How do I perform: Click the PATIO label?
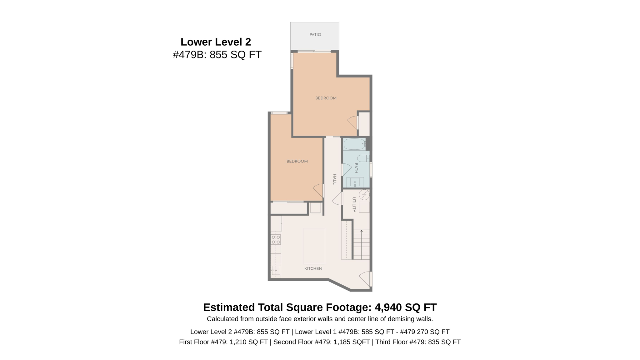pos(315,35)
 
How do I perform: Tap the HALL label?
pos(334,179)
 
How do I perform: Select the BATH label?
pos(356,168)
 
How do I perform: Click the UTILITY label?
pos(354,205)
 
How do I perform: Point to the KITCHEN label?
pos(313,268)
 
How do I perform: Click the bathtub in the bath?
pos(354,144)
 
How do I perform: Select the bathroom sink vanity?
pos(355,182)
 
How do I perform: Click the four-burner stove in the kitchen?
pos(276,240)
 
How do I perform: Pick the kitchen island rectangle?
pos(314,246)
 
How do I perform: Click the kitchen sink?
pos(276,270)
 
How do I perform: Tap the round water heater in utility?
pos(364,195)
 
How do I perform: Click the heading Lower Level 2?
pos(216,42)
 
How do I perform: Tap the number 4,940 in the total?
pos(388,307)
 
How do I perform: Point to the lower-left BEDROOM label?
pos(297,161)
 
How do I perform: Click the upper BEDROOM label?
pos(326,98)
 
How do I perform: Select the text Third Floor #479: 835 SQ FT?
pos(418,342)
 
